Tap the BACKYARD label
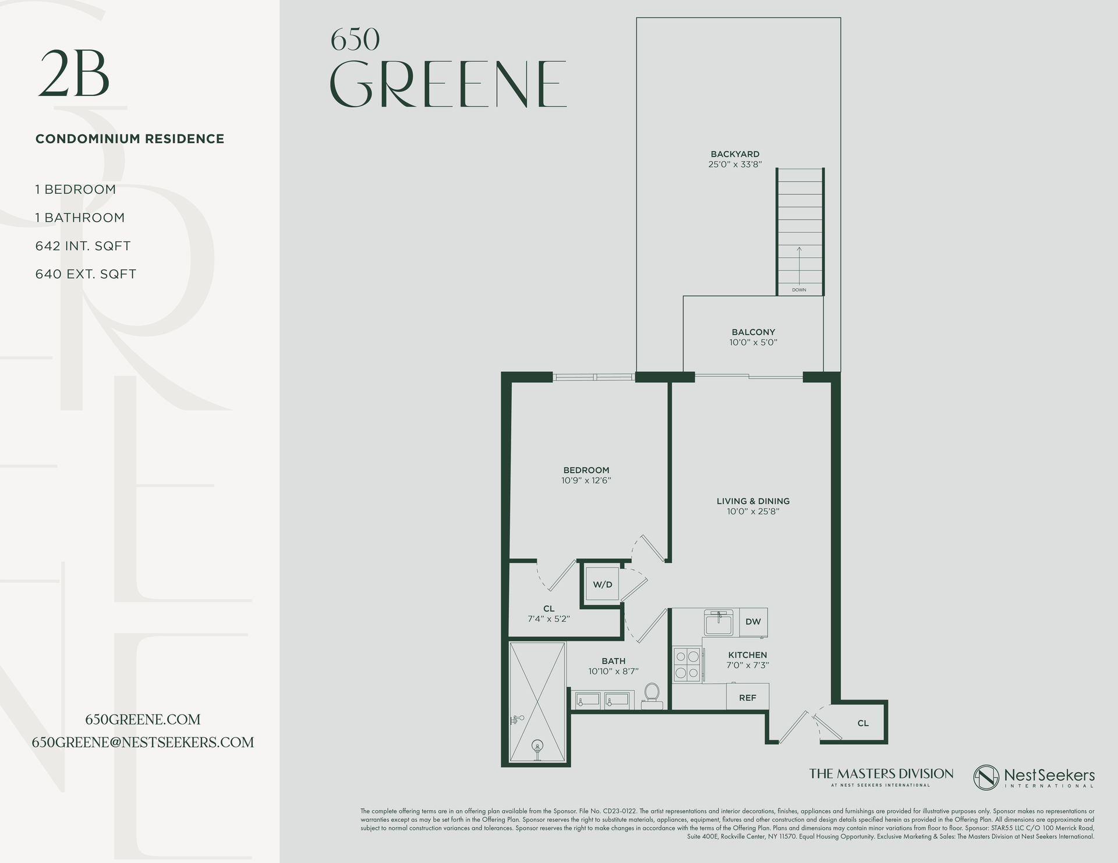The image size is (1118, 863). point(735,154)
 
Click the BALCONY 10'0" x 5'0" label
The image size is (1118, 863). point(753,337)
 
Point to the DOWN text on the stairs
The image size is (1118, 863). point(799,290)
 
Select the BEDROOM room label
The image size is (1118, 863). point(586,470)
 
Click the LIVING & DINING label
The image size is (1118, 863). point(753,501)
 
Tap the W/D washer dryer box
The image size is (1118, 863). point(602,584)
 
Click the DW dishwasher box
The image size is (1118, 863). point(753,621)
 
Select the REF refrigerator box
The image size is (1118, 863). point(747,697)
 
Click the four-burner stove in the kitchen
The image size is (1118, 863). point(687,665)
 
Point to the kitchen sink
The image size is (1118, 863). point(719,624)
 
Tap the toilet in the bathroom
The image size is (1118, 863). point(652,695)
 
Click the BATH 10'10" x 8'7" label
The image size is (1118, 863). point(613,666)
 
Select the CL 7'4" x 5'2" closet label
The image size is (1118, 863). point(549,613)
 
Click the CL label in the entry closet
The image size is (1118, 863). point(863,723)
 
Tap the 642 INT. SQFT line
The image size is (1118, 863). point(83,246)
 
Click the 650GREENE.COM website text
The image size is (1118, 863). point(143,719)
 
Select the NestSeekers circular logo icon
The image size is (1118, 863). point(986,777)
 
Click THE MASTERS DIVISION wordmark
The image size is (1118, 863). point(880,774)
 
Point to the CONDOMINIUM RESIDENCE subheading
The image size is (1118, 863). point(130,139)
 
